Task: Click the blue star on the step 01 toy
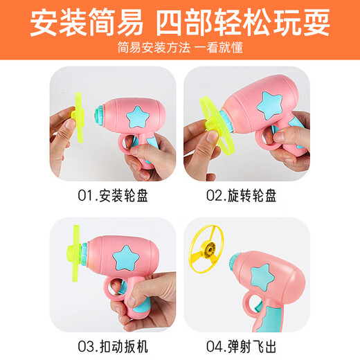click(138, 114)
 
